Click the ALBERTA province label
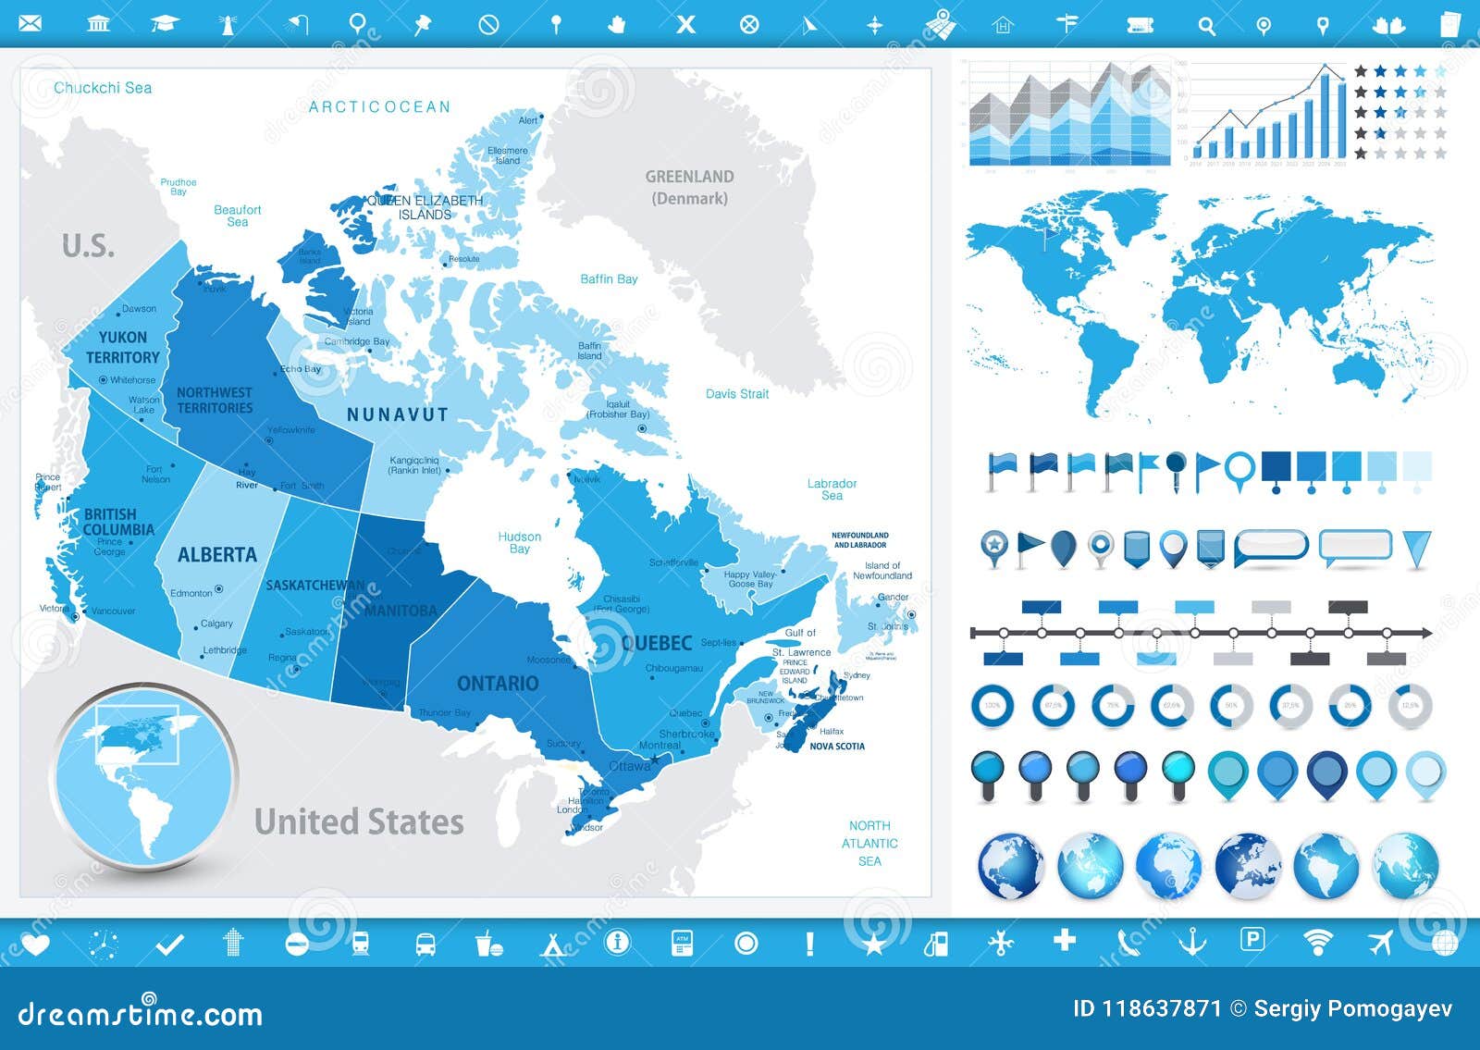pyautogui.click(x=217, y=555)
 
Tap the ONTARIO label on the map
pyautogui.click(x=498, y=684)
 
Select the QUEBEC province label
pyautogui.click(x=657, y=643)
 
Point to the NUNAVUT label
pyautogui.click(x=398, y=415)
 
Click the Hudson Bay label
pyautogui.click(x=519, y=542)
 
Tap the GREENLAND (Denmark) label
pyautogui.click(x=689, y=187)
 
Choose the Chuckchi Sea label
pyautogui.click(x=103, y=88)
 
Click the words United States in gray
pyautogui.click(x=359, y=821)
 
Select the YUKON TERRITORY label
pyautogui.click(x=123, y=347)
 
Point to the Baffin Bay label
pyautogui.click(x=609, y=278)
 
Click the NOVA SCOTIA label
pyautogui.click(x=837, y=746)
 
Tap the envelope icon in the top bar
pyautogui.click(x=31, y=23)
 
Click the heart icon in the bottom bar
pyautogui.click(x=35, y=944)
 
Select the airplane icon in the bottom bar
pyautogui.click(x=1380, y=943)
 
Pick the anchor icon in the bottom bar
pyautogui.click(x=1191, y=943)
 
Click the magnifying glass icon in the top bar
pyautogui.click(x=1206, y=26)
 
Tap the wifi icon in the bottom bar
pyautogui.click(x=1317, y=943)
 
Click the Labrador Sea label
pyautogui.click(x=832, y=489)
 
